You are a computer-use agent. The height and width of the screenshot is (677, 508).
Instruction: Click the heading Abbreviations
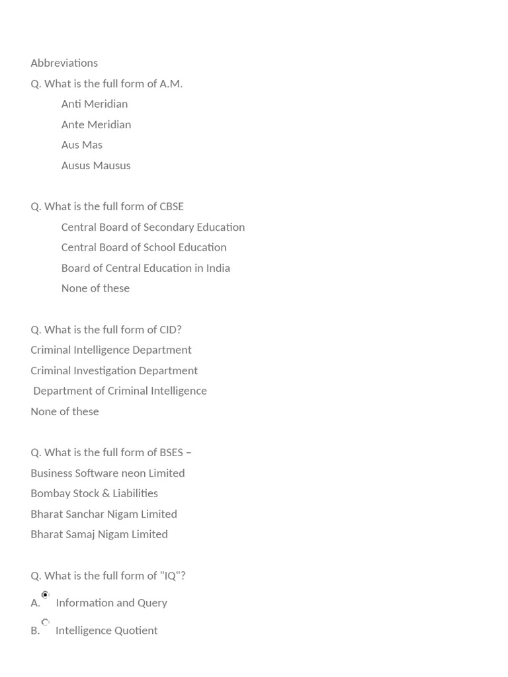(x=64, y=63)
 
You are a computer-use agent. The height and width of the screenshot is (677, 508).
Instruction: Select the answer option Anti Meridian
(x=94, y=104)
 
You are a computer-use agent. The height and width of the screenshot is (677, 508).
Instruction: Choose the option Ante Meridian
(x=96, y=124)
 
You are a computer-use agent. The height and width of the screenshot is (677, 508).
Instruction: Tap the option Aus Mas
(x=81, y=145)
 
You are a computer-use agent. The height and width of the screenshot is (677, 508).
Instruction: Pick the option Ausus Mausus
(x=96, y=165)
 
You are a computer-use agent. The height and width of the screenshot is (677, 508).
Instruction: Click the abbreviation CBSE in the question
(x=171, y=206)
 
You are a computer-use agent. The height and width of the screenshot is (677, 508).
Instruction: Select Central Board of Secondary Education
(x=153, y=227)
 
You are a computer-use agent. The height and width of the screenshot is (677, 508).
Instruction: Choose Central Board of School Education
(x=144, y=247)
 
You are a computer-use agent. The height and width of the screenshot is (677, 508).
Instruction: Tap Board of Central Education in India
(x=146, y=268)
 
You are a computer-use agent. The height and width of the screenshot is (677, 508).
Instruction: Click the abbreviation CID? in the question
(x=170, y=329)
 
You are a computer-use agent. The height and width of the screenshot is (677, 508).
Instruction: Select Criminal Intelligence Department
(x=111, y=350)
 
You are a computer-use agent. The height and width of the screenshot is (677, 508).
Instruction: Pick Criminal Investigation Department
(x=114, y=370)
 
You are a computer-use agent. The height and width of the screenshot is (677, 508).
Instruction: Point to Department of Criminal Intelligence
(x=120, y=391)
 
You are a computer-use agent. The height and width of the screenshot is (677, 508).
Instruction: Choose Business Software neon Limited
(x=108, y=473)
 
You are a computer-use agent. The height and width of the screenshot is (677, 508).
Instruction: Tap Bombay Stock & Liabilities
(x=94, y=493)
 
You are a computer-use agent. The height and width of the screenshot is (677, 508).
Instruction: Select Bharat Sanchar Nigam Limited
(x=104, y=514)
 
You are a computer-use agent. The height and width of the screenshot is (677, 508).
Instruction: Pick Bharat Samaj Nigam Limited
(x=99, y=534)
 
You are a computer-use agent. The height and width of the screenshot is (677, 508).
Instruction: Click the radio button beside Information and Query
(x=45, y=595)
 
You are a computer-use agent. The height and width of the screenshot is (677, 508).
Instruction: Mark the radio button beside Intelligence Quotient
(x=45, y=622)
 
